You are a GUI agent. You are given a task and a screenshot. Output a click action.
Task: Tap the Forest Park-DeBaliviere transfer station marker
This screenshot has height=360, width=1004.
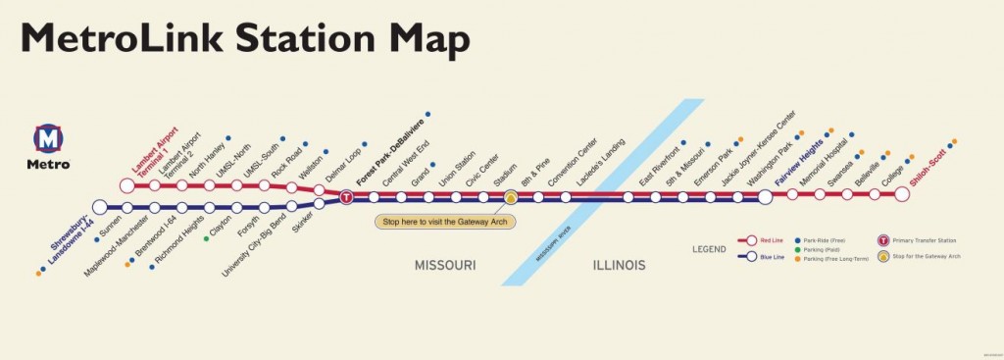tap(346, 197)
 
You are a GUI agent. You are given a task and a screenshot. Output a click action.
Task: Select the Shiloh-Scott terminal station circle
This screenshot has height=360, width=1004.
tap(902, 194)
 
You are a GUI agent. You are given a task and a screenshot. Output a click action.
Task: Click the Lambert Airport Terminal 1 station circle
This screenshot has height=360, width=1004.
tap(126, 184)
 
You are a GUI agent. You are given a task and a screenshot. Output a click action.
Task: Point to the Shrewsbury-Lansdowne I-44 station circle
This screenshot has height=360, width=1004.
tap(99, 207)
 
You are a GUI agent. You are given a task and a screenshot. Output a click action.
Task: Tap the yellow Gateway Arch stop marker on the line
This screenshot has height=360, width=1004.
tap(511, 197)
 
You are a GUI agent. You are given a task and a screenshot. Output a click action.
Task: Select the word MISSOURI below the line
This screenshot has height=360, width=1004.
tap(444, 265)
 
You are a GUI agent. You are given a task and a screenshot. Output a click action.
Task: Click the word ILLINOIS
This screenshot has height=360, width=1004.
tap(617, 265)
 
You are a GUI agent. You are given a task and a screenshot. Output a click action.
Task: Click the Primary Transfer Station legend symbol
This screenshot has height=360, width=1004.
tap(882, 239)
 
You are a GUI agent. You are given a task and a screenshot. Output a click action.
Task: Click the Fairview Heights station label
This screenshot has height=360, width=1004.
tap(798, 164)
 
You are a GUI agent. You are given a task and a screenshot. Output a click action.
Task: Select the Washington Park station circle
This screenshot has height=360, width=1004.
tap(765, 197)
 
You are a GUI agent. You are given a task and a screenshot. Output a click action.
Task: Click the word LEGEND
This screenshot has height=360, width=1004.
tap(709, 249)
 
